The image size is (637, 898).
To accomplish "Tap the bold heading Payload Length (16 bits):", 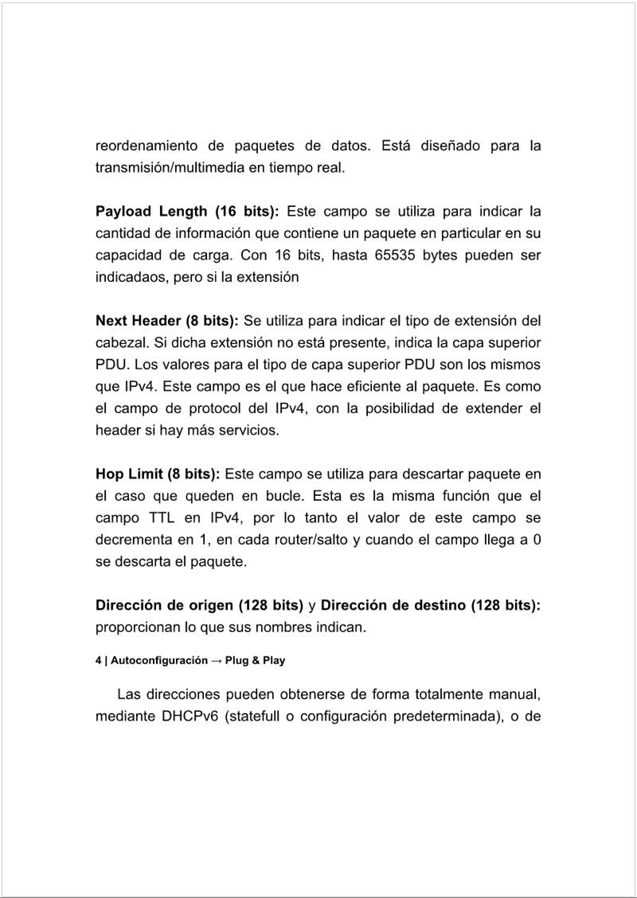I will (187, 212).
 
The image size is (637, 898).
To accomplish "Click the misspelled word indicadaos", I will (133, 279).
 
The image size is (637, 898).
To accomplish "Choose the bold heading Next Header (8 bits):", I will (167, 322).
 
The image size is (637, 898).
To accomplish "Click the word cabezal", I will (119, 344).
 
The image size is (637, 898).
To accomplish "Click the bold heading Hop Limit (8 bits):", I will (158, 474).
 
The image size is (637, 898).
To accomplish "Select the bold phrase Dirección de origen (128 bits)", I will (199, 606).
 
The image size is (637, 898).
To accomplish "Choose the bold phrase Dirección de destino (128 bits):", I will (431, 606).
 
